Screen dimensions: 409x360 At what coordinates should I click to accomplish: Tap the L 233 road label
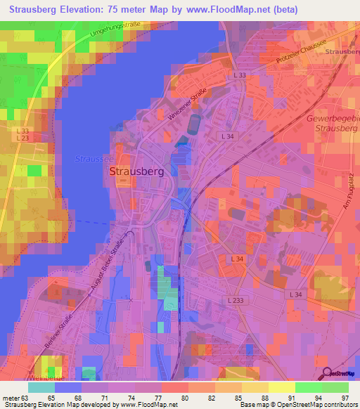238,300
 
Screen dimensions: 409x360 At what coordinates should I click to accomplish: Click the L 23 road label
22,138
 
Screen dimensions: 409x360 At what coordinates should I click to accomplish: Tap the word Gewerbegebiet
333,119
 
